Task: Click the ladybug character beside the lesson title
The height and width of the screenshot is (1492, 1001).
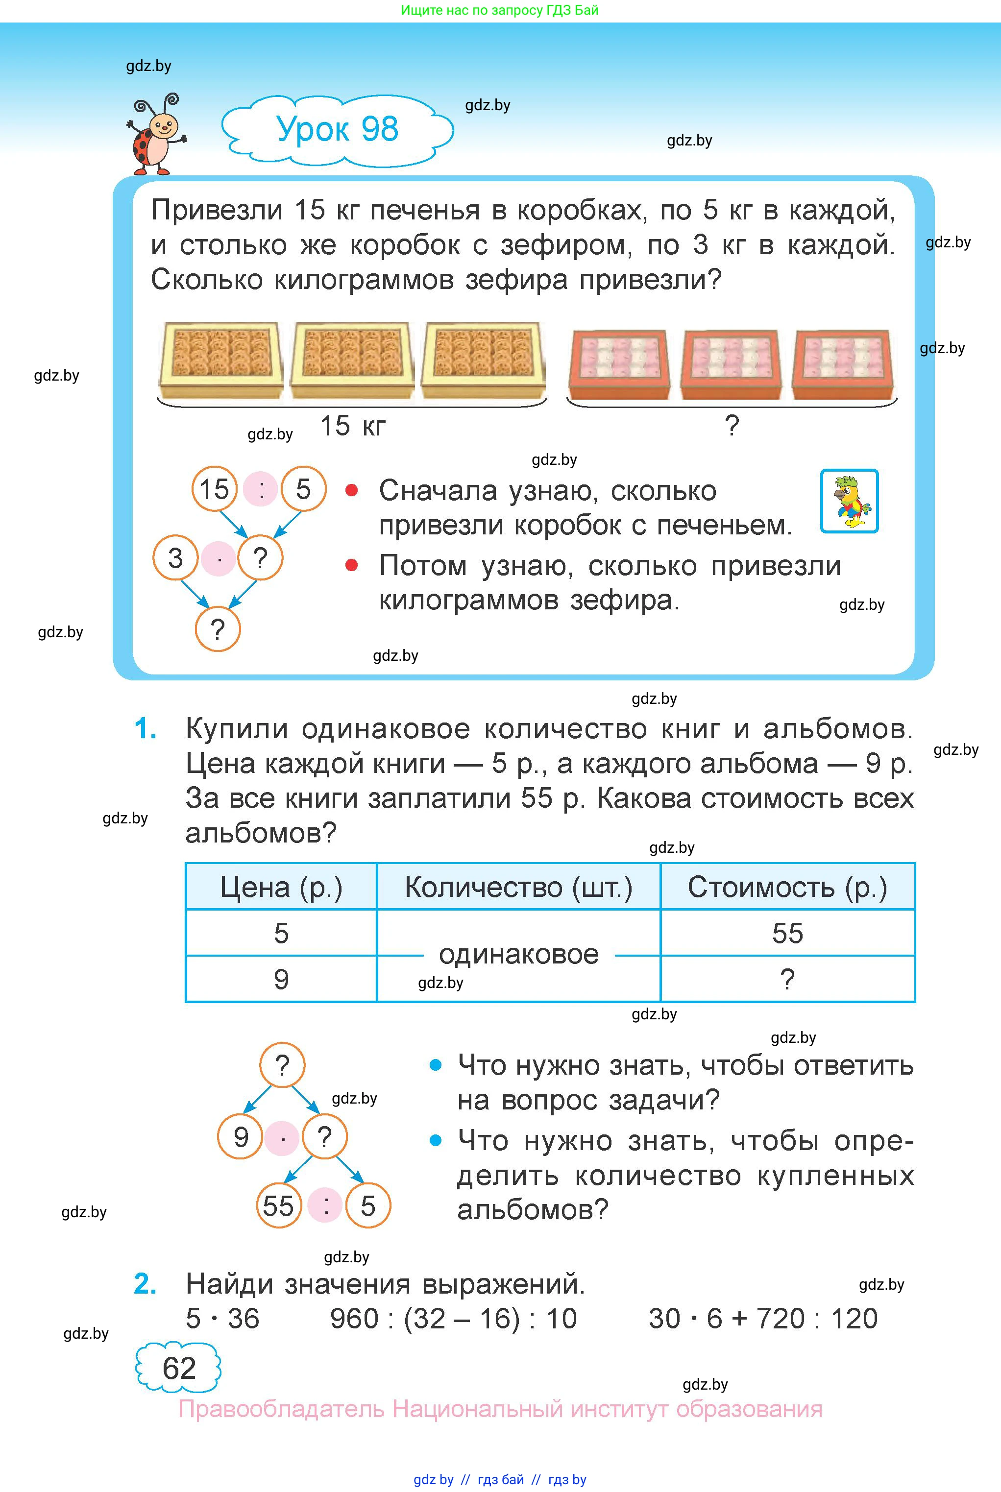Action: coord(156,135)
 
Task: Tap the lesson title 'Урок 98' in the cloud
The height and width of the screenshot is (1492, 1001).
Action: coord(337,129)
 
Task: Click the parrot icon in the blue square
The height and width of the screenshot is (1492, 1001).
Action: coord(849,501)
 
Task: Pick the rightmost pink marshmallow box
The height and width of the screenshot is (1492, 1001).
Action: coord(843,364)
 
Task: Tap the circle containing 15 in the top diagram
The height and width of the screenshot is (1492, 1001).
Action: coord(215,489)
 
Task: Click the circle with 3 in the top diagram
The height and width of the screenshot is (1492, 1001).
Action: coord(175,558)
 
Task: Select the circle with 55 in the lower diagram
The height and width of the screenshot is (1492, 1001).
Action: coord(278,1206)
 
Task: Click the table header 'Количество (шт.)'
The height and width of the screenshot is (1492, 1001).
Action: coord(518,887)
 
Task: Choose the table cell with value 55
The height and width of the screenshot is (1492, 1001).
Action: coord(787,933)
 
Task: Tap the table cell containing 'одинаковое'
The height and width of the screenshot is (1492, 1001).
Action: coord(518,955)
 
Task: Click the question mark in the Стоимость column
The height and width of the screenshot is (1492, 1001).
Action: coord(787,979)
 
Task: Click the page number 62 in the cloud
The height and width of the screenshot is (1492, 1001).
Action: coord(179,1368)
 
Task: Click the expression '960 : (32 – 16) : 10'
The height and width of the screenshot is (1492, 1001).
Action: coord(453,1319)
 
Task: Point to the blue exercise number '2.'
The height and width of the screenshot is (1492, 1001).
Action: coord(146,1284)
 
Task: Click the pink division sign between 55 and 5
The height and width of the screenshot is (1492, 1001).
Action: coord(325,1206)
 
